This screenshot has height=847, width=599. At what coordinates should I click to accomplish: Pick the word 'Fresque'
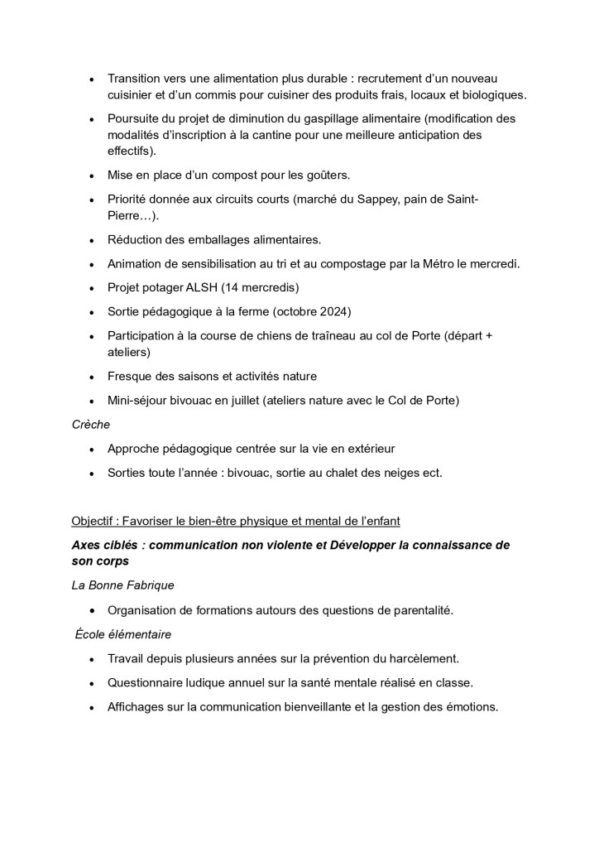pos(131,376)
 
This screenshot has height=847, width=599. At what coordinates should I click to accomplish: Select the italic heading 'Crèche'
pos(91,424)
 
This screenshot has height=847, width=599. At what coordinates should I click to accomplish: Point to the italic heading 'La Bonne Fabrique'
pos(122,585)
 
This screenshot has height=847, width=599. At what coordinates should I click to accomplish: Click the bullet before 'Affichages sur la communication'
pos(91,707)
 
